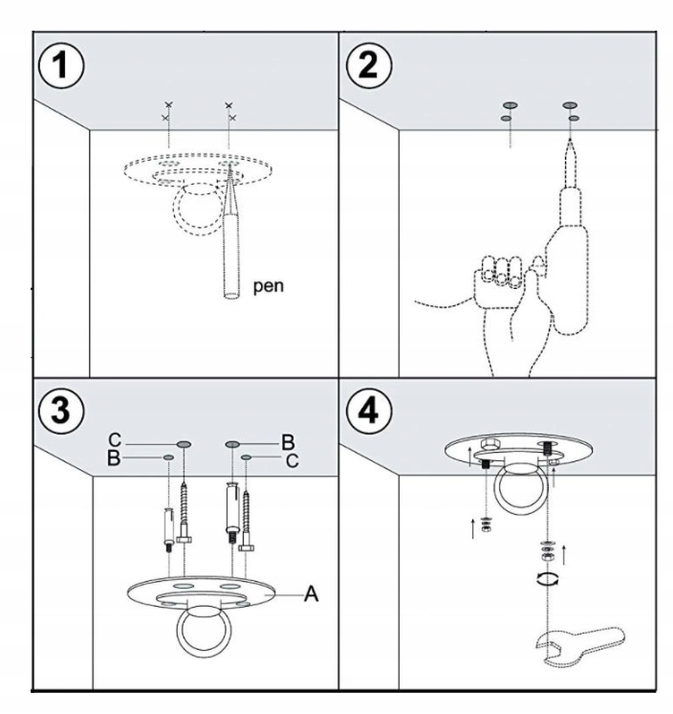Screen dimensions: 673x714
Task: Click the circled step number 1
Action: (61, 66)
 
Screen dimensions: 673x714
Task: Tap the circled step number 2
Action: (368, 66)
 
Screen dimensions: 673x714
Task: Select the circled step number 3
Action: (61, 411)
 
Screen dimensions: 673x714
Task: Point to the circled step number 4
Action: (368, 411)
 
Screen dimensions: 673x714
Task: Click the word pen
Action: (269, 286)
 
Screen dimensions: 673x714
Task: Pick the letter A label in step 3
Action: (311, 593)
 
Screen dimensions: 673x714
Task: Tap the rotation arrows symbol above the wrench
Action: (548, 579)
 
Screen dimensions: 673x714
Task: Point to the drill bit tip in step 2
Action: (570, 140)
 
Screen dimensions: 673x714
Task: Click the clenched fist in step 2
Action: (499, 278)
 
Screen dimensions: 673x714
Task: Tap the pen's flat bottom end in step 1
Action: (231, 296)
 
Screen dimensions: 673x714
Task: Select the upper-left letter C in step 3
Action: (115, 440)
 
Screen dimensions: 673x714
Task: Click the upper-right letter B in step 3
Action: (288, 442)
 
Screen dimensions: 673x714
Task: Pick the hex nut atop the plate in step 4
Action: (491, 444)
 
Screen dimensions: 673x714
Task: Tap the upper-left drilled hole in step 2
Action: (510, 105)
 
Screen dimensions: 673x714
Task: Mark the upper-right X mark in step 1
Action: (228, 105)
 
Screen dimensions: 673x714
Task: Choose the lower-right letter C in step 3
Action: (293, 461)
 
